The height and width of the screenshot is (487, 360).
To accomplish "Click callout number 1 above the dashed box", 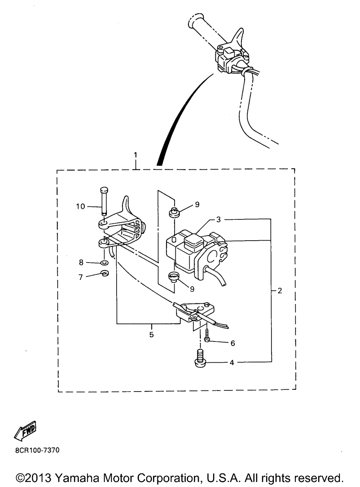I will (135, 155).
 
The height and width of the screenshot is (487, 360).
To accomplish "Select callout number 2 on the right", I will (280, 291).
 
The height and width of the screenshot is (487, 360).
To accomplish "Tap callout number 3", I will (219, 219).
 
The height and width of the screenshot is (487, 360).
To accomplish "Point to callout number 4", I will (232, 363).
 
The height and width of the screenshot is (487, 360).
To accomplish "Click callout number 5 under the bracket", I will (152, 335).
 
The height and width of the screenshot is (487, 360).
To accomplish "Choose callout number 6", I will (233, 343).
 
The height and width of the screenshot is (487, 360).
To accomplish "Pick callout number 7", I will (81, 277).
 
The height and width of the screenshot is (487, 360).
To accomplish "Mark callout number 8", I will (81, 263).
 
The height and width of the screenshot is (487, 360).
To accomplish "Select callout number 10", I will (80, 206).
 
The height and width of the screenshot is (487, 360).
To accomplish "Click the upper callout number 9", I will (197, 205).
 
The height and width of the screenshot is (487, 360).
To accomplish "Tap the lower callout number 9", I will (192, 289).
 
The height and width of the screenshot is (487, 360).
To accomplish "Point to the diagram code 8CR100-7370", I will (37, 450).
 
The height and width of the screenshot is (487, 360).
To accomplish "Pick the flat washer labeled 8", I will (104, 263).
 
